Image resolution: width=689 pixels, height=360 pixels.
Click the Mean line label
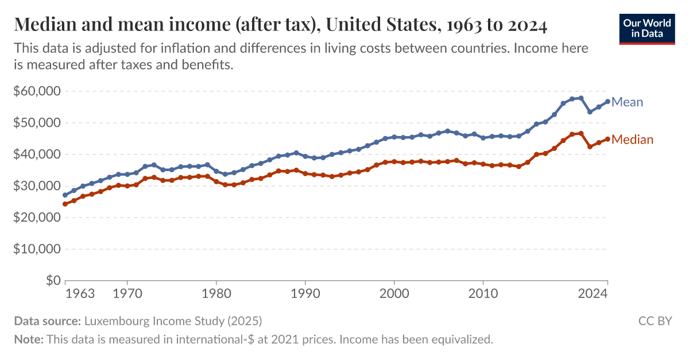[x=627, y=102]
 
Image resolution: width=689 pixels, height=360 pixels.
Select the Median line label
[x=632, y=140]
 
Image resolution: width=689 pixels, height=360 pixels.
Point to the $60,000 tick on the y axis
[x=37, y=91]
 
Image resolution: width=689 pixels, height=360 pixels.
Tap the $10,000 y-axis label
[x=37, y=249]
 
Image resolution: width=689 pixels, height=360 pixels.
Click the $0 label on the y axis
[x=53, y=281]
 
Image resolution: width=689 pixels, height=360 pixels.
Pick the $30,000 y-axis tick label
[x=37, y=186]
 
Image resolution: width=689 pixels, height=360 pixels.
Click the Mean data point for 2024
[x=607, y=102]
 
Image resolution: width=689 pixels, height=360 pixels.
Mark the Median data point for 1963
[x=65, y=204]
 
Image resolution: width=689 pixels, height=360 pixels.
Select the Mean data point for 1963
[x=65, y=195]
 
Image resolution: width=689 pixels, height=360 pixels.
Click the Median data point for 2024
[x=607, y=139]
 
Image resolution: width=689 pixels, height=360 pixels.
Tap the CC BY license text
[x=655, y=321]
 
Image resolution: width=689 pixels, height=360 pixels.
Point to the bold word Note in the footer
[x=28, y=339]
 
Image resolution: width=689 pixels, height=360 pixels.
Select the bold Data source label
[x=48, y=321]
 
